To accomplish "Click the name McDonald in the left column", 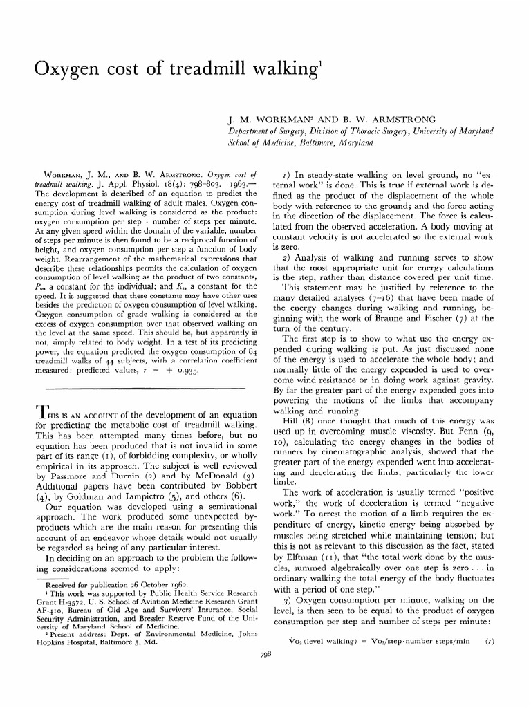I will (219, 476).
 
